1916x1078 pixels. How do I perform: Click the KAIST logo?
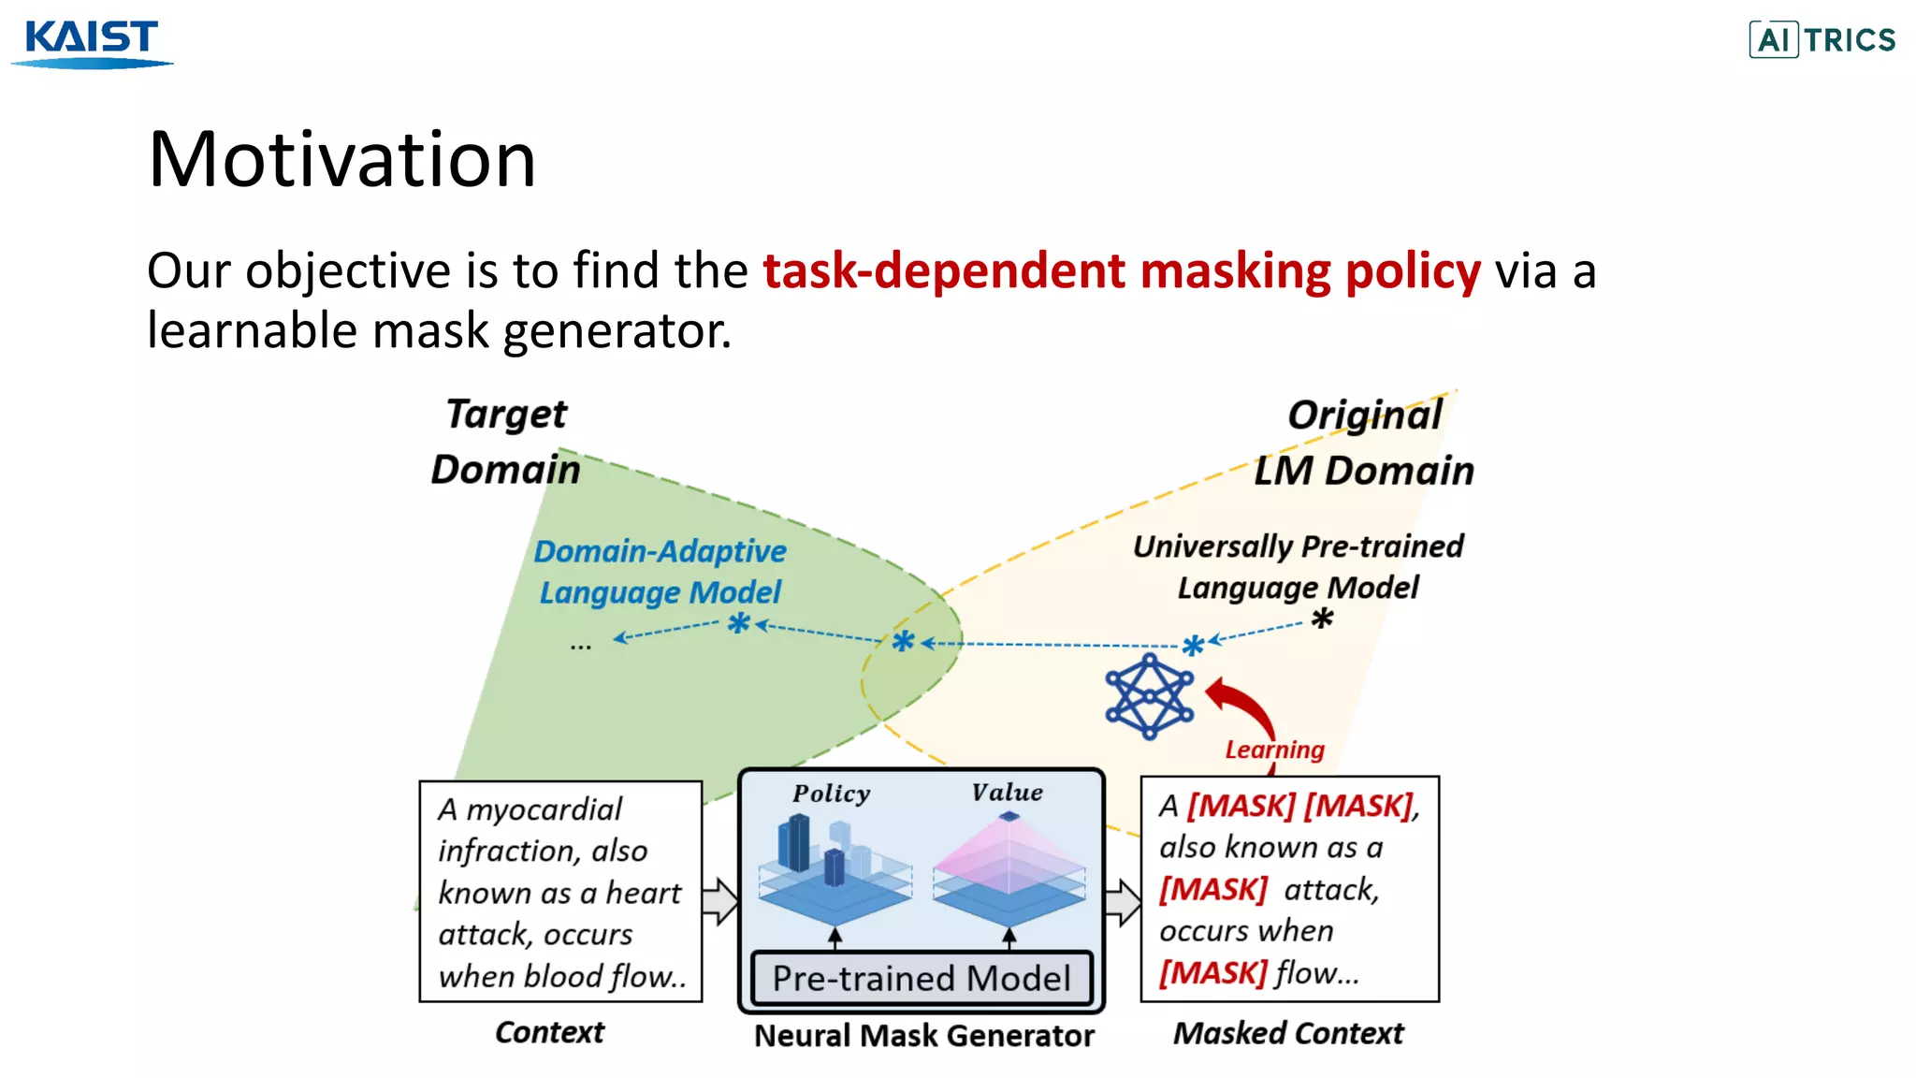[x=92, y=42]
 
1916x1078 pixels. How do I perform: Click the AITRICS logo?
[x=1822, y=40]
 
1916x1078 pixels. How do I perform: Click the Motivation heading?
[x=342, y=159]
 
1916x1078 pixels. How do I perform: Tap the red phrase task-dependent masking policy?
[x=1121, y=271]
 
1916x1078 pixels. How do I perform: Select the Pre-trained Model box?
[x=921, y=978]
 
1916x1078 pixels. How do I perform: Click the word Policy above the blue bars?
[x=831, y=794]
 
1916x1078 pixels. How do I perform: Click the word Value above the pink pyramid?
[x=1007, y=793]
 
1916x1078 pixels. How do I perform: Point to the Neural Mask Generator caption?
[x=923, y=1036]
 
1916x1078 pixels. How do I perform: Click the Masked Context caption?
[x=1288, y=1033]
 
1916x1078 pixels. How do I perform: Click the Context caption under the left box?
[x=549, y=1032]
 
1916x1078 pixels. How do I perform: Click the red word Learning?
[x=1274, y=750]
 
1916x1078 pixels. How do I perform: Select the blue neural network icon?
[x=1149, y=697]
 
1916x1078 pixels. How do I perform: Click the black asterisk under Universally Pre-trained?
[x=1322, y=619]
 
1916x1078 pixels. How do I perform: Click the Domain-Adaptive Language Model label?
[x=660, y=571]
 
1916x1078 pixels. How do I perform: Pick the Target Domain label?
[x=506, y=442]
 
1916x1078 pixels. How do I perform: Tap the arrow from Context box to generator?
[x=719, y=901]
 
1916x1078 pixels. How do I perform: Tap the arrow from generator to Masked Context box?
[x=1123, y=901]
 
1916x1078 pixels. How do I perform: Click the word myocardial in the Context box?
[x=544, y=809]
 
